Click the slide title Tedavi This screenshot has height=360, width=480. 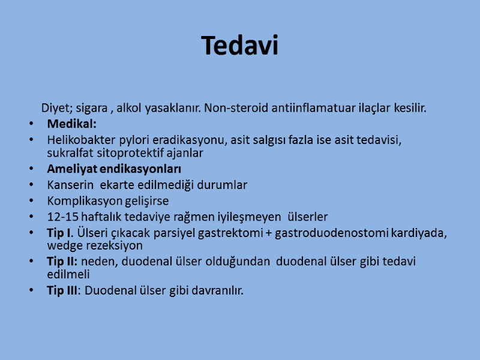[x=240, y=46]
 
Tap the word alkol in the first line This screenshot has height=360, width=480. [x=130, y=109]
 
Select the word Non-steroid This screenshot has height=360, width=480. [x=230, y=109]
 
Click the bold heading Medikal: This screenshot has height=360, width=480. [x=71, y=124]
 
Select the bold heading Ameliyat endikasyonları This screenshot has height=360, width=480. [x=114, y=169]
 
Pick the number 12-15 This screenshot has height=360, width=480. [x=62, y=217]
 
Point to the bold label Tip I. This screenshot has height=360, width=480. [x=60, y=233]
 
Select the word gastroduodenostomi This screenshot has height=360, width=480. [x=332, y=233]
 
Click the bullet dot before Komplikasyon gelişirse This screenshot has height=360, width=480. [x=31, y=201]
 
